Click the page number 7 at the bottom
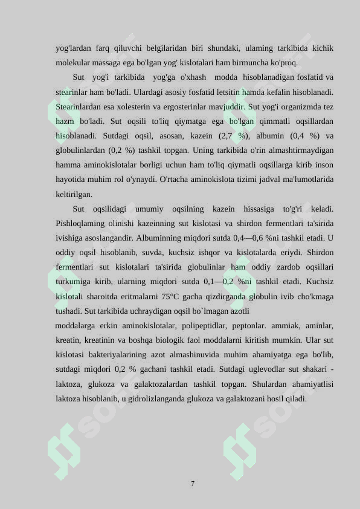pos(192,484)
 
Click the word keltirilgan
pos(74,194)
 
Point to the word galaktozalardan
pos(187,384)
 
